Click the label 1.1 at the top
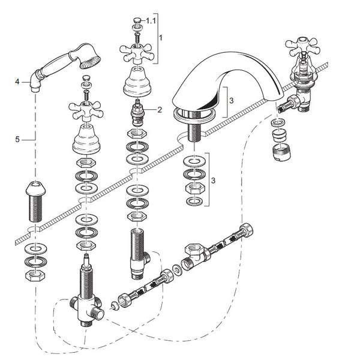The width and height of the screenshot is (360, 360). (151, 20)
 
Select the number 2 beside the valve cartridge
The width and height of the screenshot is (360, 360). (160, 109)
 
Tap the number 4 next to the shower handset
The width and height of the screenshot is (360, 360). (17, 81)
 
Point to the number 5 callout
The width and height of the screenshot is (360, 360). (17, 139)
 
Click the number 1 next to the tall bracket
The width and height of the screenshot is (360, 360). (160, 37)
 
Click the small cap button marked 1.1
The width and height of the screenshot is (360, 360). (137, 21)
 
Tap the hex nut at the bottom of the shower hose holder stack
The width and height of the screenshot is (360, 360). (37, 276)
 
